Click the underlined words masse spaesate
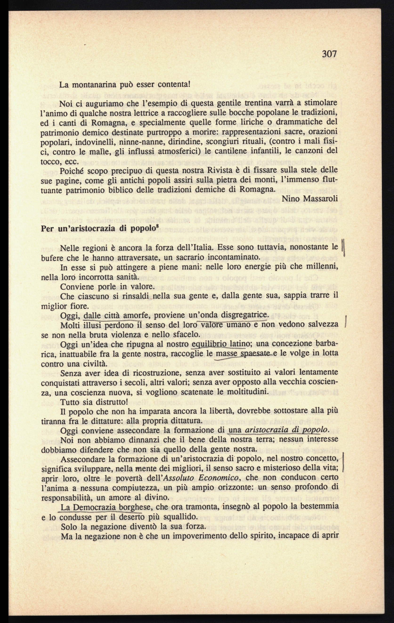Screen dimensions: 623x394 tap(243, 354)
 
